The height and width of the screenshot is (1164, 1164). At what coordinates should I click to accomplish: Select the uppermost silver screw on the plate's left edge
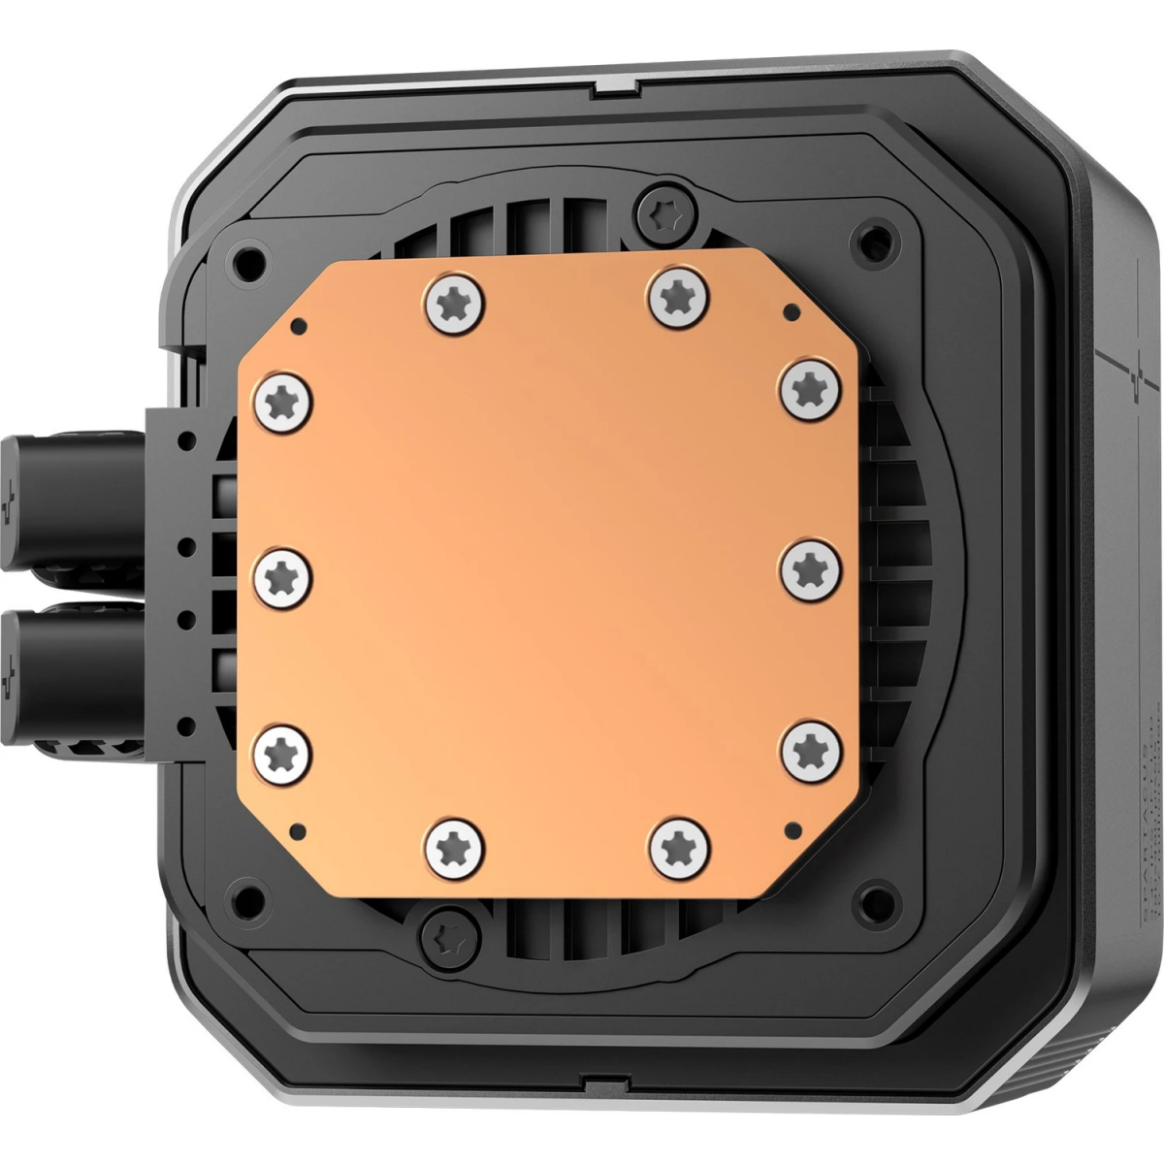283,400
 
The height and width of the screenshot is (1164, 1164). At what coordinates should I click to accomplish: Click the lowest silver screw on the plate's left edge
283,749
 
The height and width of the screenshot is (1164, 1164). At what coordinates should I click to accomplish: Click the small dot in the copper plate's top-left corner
301,325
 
